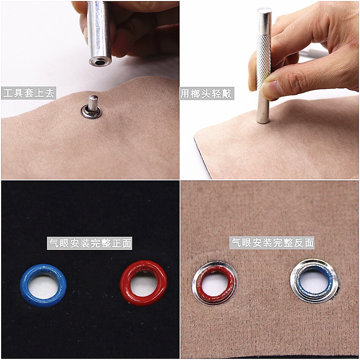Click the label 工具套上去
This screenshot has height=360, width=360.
click(x=29, y=93)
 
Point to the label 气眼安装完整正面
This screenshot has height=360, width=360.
click(x=90, y=243)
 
